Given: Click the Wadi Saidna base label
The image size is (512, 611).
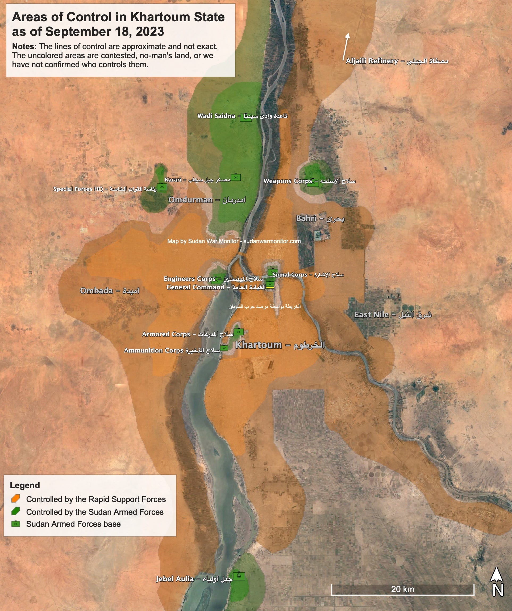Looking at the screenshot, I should tap(242, 116).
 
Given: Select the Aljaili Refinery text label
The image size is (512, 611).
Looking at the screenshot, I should tap(397, 61).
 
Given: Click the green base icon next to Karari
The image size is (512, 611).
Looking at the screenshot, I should tap(236, 177).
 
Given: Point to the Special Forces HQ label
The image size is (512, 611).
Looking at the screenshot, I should tap(105, 189).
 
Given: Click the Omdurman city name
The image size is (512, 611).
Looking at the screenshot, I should tap(207, 200).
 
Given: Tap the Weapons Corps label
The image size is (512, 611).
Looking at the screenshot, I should tap(309, 181).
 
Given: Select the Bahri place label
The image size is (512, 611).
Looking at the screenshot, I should tap(320, 218).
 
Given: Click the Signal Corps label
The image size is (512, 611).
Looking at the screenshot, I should tap(308, 275).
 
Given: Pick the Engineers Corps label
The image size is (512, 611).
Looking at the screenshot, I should tap(213, 279).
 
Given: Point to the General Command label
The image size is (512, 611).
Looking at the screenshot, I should tap(216, 287).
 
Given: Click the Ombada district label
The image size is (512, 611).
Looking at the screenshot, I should tap(110, 291).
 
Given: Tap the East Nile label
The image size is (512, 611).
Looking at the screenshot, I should tap(393, 314).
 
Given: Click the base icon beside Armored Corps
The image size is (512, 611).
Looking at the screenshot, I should tap(239, 332).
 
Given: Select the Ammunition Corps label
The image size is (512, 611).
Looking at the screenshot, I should tap(172, 350).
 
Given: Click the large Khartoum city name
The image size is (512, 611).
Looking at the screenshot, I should tap(280, 345).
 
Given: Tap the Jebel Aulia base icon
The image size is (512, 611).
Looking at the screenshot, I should tap(239, 576).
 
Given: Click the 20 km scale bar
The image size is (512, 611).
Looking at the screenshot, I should tap(402, 589).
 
